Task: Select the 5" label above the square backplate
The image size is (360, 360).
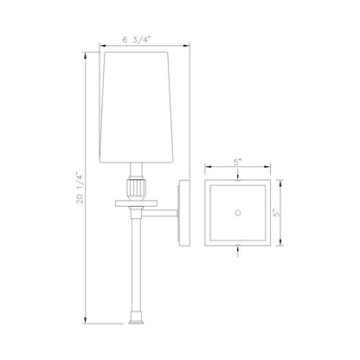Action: point(238,160)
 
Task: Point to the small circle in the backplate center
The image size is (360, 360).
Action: point(237,211)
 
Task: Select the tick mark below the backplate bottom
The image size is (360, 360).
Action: point(237,254)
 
